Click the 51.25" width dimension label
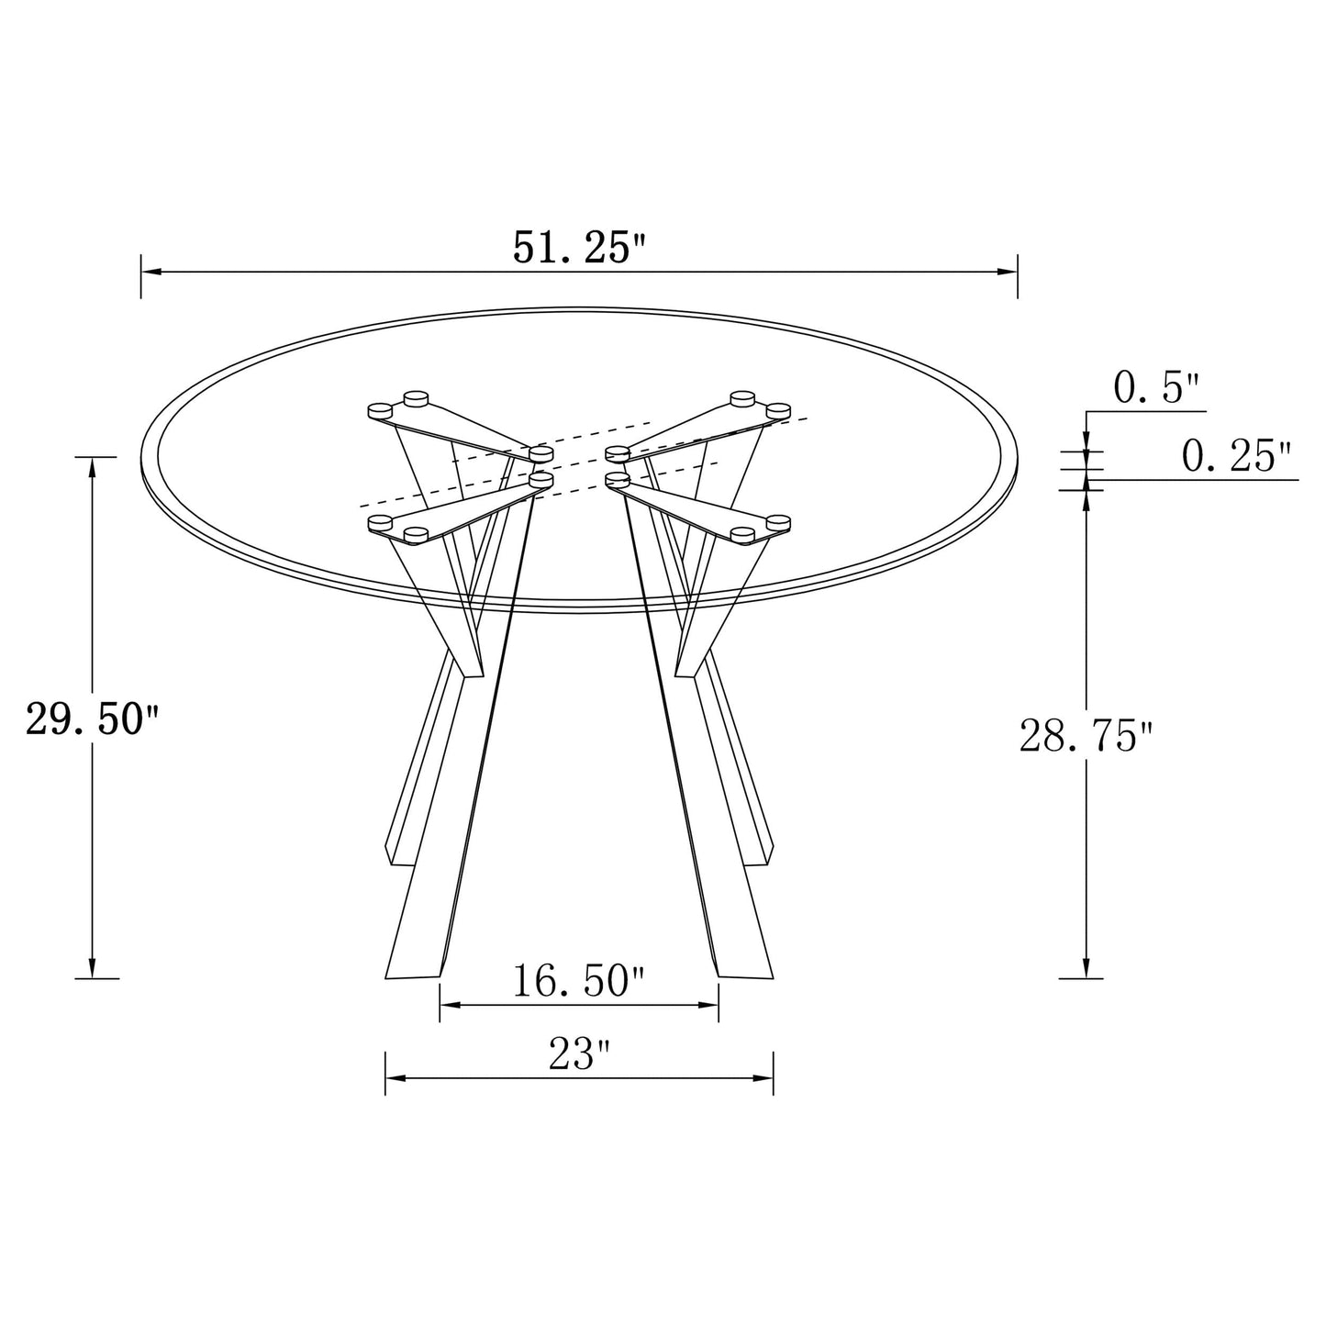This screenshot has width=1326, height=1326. [579, 249]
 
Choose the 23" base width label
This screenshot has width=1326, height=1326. [579, 1055]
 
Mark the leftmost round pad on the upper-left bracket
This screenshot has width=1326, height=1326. [379, 409]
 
